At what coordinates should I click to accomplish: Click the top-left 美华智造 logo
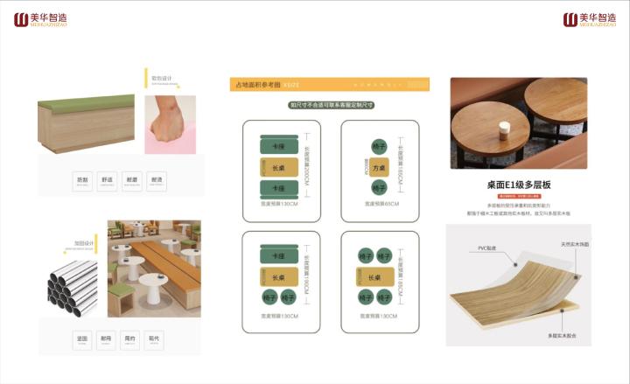click(39, 19)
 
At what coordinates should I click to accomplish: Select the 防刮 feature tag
click(82, 180)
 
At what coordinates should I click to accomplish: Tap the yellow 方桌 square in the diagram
click(379, 167)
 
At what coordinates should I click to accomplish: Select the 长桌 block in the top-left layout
click(279, 166)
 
